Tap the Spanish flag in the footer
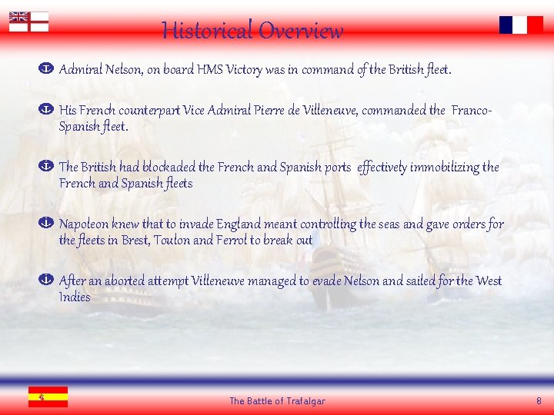coord(48,397)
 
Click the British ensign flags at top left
coord(28,22)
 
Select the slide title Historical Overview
coord(252,31)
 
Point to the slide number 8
coord(539,401)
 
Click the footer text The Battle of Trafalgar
coord(277,401)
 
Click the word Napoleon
coord(84,224)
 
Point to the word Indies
coord(75,297)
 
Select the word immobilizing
coord(445,168)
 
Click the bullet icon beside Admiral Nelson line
coord(45,70)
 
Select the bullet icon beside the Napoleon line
coord(45,224)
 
